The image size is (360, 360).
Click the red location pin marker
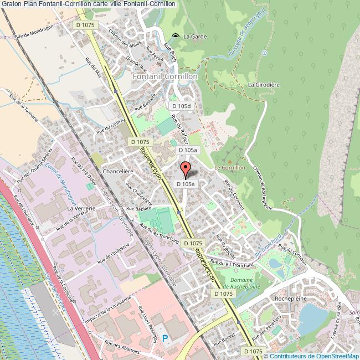click(x=186, y=168)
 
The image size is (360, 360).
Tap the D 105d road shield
click(x=181, y=106)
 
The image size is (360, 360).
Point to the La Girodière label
click(x=262, y=85)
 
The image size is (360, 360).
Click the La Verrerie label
click(x=79, y=208)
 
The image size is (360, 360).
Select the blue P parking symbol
click(x=164, y=337)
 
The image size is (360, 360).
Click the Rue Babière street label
click(x=138, y=209)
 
